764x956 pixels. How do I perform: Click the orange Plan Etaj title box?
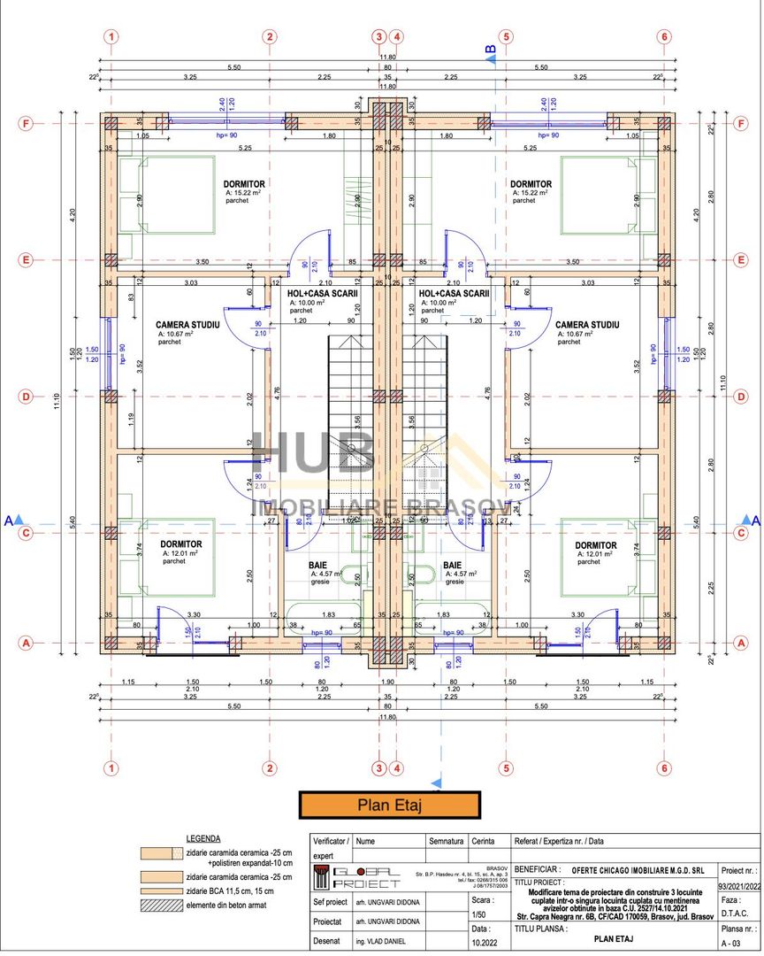[390, 806]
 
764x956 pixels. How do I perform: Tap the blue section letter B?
[489, 50]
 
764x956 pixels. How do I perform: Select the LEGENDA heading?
[203, 837]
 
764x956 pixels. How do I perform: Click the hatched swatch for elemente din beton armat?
[162, 905]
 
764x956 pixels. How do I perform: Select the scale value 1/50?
[480, 914]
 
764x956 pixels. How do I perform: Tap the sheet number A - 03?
[731, 944]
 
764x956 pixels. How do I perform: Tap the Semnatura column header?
[447, 841]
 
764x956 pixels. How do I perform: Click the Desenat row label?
[328, 942]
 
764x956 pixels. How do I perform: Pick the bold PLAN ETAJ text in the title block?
[617, 942]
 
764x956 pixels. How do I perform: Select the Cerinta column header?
[484, 841]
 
